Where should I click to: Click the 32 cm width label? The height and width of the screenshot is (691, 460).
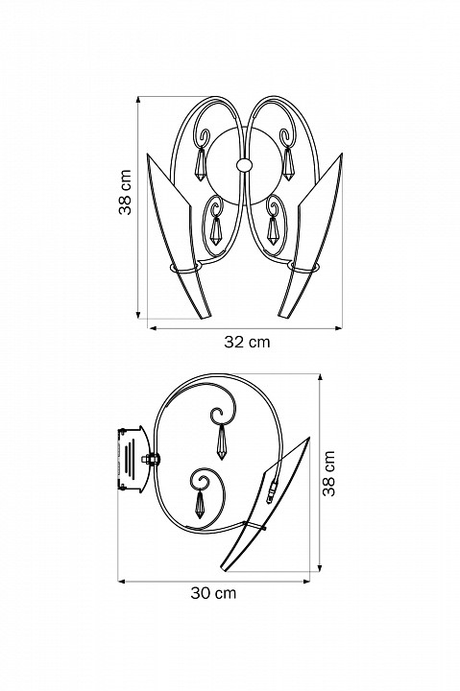click(x=247, y=342)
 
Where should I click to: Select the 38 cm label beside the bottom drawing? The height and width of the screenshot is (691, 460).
click(x=329, y=474)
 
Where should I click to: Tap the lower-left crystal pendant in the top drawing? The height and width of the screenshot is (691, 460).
click(x=215, y=230)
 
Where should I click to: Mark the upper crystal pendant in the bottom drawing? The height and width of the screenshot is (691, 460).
click(x=224, y=441)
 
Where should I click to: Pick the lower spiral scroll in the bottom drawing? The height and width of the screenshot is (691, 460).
click(x=203, y=480)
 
